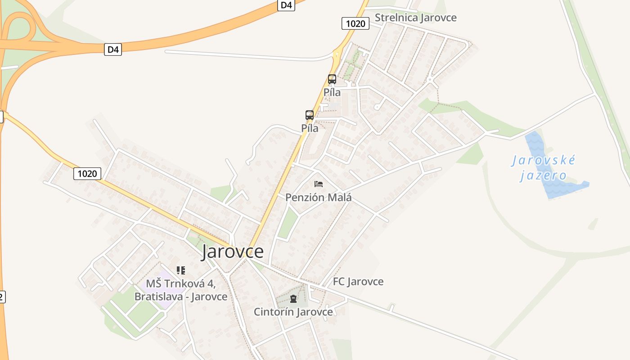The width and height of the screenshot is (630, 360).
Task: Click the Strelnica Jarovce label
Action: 415,18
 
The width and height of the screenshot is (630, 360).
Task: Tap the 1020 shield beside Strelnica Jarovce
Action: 355,23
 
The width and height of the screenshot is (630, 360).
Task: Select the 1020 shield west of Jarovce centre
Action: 87,173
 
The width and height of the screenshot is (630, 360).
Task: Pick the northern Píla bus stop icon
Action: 332,79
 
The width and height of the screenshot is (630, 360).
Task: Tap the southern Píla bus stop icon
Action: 310,115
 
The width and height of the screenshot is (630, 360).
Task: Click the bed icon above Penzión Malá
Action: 319,184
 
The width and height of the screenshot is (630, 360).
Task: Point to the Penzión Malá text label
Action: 319,197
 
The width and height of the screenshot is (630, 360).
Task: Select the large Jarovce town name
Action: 232,252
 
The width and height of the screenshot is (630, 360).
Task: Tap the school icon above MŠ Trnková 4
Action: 181,270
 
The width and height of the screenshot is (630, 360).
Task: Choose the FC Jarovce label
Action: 358,282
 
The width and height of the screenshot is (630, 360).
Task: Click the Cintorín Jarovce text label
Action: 293,312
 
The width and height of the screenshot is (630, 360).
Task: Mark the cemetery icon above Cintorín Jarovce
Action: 293,298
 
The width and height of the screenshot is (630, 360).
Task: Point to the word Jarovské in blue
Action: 544,160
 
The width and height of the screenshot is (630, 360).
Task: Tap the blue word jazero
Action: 544,175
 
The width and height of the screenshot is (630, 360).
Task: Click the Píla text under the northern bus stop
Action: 332,92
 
